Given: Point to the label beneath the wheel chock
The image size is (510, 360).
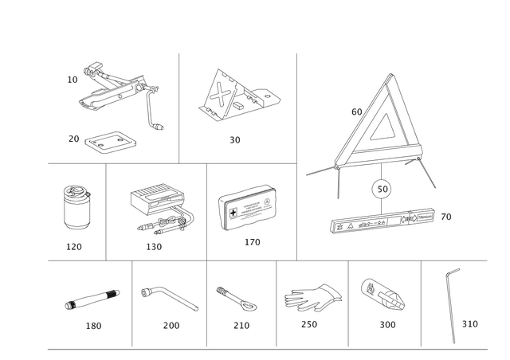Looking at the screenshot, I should (x=235, y=141).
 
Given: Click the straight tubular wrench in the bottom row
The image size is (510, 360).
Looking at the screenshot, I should (x=92, y=300).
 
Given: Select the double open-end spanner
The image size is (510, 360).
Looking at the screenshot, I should (x=236, y=298).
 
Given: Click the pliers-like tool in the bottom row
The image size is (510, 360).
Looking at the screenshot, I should (x=311, y=297).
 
